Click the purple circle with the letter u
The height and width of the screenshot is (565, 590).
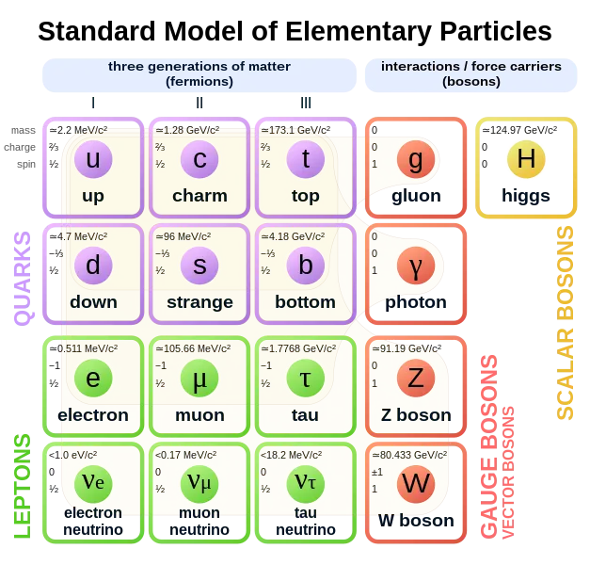[x=93, y=160]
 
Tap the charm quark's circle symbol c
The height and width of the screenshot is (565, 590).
[x=199, y=160]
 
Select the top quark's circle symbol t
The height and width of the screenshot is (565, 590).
[x=305, y=160]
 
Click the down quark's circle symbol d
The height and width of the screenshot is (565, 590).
[x=93, y=266]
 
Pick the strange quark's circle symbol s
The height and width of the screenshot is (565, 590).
[x=199, y=266]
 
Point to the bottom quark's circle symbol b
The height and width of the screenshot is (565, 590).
[x=305, y=266]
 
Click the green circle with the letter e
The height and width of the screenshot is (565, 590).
[x=93, y=379]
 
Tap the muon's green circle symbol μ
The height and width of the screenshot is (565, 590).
[x=199, y=379]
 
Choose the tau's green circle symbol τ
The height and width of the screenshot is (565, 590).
[x=305, y=379]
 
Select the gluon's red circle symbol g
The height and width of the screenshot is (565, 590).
[x=415, y=160]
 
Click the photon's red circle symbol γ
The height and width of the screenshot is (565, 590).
[x=415, y=266]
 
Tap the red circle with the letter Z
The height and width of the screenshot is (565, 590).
[x=415, y=379]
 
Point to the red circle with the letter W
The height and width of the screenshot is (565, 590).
[x=415, y=484]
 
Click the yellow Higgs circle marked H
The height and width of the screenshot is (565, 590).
[x=526, y=160]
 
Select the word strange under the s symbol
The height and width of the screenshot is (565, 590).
[x=199, y=302]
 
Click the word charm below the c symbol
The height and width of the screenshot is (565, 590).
[x=199, y=197]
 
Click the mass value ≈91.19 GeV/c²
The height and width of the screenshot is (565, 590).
[x=407, y=347]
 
